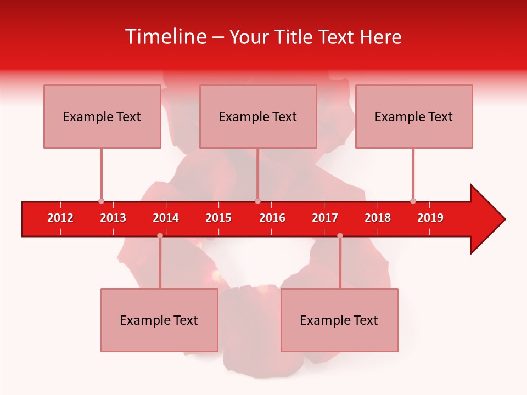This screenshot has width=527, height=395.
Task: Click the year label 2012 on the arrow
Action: point(60,218)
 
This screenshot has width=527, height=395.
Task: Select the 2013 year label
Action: point(113,218)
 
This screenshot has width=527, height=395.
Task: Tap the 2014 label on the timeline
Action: point(166,218)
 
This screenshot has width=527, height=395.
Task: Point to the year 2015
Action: point(218,218)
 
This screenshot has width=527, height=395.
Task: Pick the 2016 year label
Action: point(272,218)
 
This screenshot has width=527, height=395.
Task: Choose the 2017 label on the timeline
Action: point(325,218)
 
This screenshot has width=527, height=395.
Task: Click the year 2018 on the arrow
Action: point(378,218)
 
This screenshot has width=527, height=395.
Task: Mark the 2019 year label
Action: point(430,218)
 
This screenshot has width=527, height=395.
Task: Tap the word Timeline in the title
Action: point(165,37)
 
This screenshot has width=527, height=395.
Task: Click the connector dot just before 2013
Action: point(101,201)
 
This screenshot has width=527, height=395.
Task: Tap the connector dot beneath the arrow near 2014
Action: point(160,235)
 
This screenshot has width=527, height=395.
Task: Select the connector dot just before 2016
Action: point(257,201)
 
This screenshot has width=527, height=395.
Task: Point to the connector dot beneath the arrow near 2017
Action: point(340,235)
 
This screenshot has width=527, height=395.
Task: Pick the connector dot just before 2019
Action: point(413,201)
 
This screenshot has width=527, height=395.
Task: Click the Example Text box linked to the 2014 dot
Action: point(159,320)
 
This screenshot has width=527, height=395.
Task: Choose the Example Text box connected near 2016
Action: point(258,116)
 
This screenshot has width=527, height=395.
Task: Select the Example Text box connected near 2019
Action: point(414,116)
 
